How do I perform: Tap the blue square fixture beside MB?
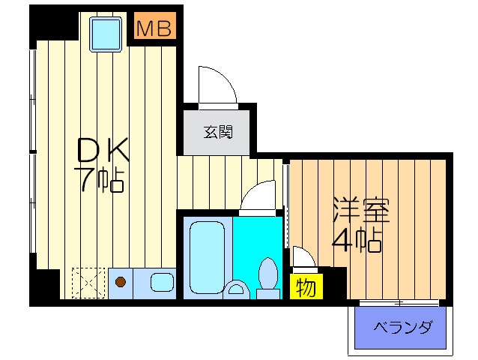point(105,34)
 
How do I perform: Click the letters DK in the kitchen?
point(104,152)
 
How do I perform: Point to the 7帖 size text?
point(98,180)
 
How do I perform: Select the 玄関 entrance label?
point(218,133)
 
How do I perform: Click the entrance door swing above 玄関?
point(216,85)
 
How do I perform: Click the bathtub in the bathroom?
point(206,255)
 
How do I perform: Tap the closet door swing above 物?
point(303,257)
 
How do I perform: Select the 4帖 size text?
point(358,241)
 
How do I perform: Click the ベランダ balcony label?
point(402,327)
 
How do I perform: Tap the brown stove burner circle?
point(121,283)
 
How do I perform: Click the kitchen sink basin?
point(162,283)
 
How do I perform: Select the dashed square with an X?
point(88,283)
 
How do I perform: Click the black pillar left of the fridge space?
point(46,286)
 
